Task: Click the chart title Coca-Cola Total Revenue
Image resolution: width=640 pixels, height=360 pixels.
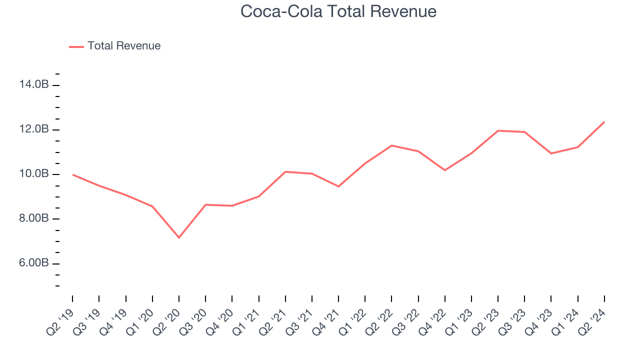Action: (x=338, y=11)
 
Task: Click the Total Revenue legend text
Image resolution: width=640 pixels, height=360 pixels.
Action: (x=124, y=46)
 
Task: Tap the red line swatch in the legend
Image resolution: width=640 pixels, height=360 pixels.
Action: (x=76, y=46)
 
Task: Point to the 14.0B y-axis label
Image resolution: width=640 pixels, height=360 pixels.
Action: (x=34, y=85)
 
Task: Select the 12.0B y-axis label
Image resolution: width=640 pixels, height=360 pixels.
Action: (x=34, y=129)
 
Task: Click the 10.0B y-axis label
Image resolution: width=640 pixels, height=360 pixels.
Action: (x=34, y=174)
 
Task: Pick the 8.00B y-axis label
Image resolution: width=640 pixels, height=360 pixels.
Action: (x=34, y=219)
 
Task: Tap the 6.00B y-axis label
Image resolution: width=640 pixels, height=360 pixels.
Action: (x=34, y=263)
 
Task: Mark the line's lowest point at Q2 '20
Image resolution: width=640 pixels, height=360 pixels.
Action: (x=179, y=237)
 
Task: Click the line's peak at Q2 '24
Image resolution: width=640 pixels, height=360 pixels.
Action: (x=604, y=121)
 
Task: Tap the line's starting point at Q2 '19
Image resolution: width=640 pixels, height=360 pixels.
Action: (x=72, y=174)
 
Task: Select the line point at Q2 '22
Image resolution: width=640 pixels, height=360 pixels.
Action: (x=391, y=145)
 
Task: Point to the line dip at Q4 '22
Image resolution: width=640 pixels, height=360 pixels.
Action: (x=445, y=170)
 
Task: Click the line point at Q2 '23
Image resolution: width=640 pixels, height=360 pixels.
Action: (x=498, y=130)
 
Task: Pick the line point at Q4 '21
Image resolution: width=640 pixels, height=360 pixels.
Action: (x=338, y=186)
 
